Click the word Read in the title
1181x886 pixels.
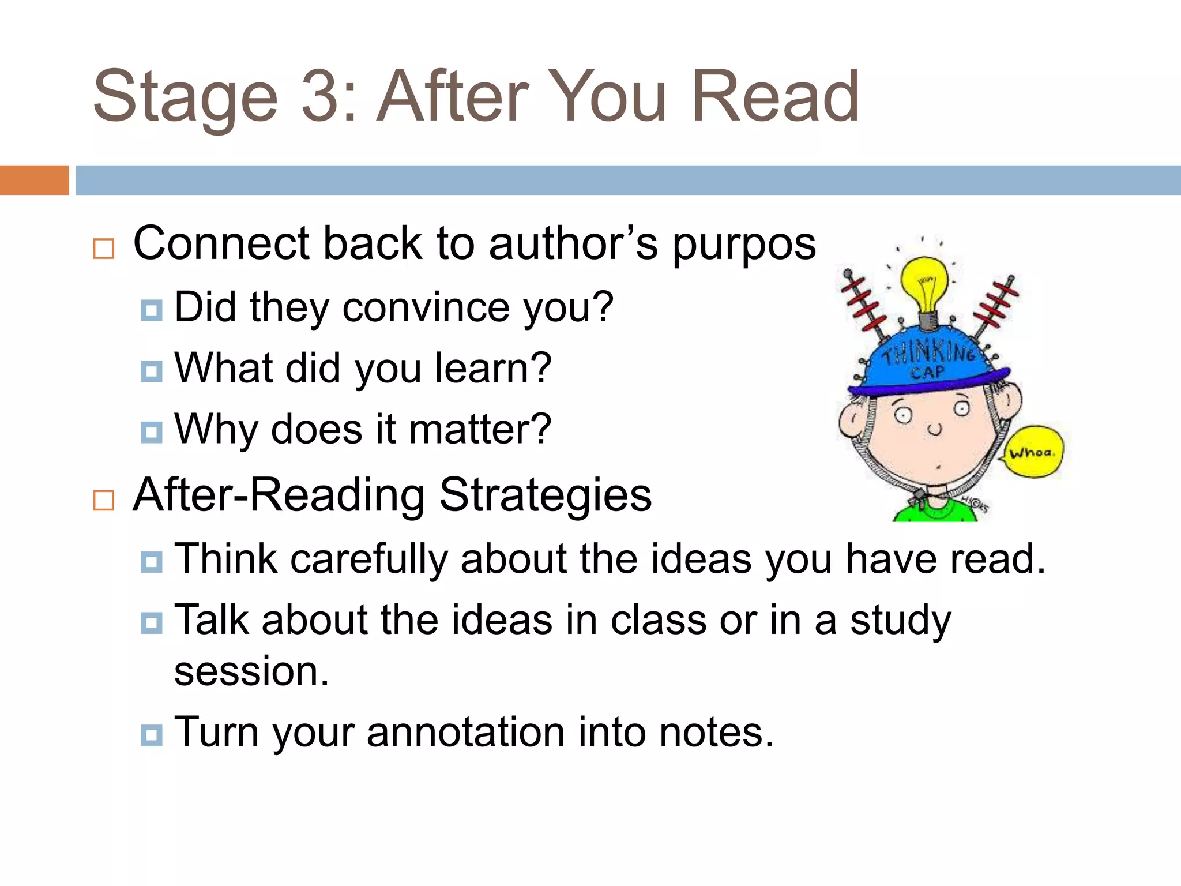point(775,97)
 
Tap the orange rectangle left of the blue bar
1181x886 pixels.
point(34,180)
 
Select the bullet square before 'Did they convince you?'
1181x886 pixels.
point(151,310)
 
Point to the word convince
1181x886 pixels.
point(426,307)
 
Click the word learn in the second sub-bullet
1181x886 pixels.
point(492,368)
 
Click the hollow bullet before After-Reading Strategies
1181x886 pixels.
point(104,500)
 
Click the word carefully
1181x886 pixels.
point(369,560)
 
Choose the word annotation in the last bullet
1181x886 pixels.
point(466,733)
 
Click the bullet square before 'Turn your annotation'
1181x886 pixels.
point(151,735)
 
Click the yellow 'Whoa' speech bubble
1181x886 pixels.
point(1034,452)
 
